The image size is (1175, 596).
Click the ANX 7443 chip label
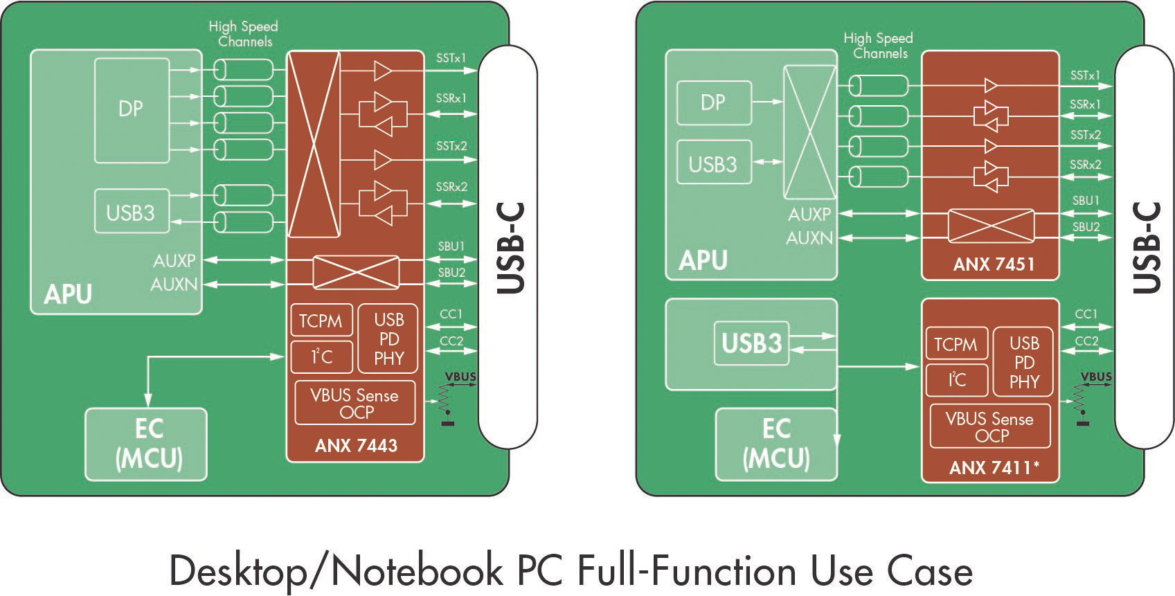click(x=356, y=445)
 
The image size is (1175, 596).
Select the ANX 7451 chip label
click(x=993, y=264)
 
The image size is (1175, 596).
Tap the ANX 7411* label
click(x=994, y=468)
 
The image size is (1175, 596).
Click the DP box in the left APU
click(x=132, y=109)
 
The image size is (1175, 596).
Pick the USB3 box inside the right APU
click(x=713, y=163)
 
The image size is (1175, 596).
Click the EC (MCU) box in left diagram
click(x=147, y=444)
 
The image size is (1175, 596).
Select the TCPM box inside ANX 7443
click(x=321, y=320)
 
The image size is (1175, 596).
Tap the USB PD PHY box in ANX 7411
click(x=1024, y=362)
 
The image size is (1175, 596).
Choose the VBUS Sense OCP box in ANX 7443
click(x=355, y=403)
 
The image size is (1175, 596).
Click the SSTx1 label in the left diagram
click(x=451, y=58)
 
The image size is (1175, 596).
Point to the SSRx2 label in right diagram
click(x=1085, y=165)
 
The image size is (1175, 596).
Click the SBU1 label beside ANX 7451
click(x=1086, y=201)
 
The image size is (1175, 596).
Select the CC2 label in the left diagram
click(x=451, y=341)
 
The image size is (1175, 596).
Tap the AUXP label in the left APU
click(x=174, y=260)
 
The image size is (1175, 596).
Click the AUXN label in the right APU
click(x=809, y=238)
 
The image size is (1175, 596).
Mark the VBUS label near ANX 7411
click(x=1096, y=377)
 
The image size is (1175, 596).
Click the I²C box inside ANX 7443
click(x=321, y=356)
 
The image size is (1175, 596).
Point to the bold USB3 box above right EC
click(x=751, y=343)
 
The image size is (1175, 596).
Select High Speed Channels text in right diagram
click(x=879, y=46)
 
